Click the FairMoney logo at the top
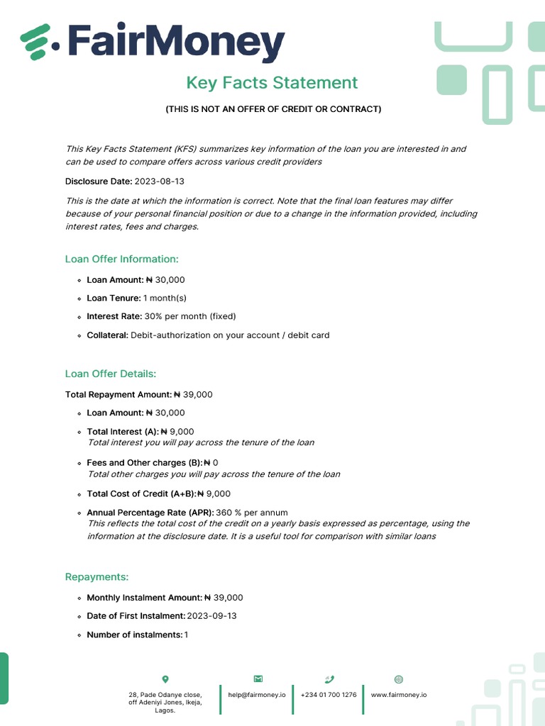[x=153, y=43]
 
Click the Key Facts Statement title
[x=272, y=83]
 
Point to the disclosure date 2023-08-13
[x=160, y=181]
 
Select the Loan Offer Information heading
[x=122, y=259]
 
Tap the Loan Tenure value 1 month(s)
[x=165, y=298]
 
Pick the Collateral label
[x=107, y=335]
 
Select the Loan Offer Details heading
[x=111, y=374]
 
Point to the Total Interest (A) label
[x=122, y=432]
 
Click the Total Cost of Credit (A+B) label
[x=141, y=494]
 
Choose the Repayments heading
[x=97, y=577]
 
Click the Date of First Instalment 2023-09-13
[x=211, y=616]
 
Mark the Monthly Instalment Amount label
[x=144, y=598]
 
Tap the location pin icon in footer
[x=165, y=679]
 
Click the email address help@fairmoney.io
[x=257, y=695]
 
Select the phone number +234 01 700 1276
[x=329, y=695]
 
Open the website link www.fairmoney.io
[x=398, y=695]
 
